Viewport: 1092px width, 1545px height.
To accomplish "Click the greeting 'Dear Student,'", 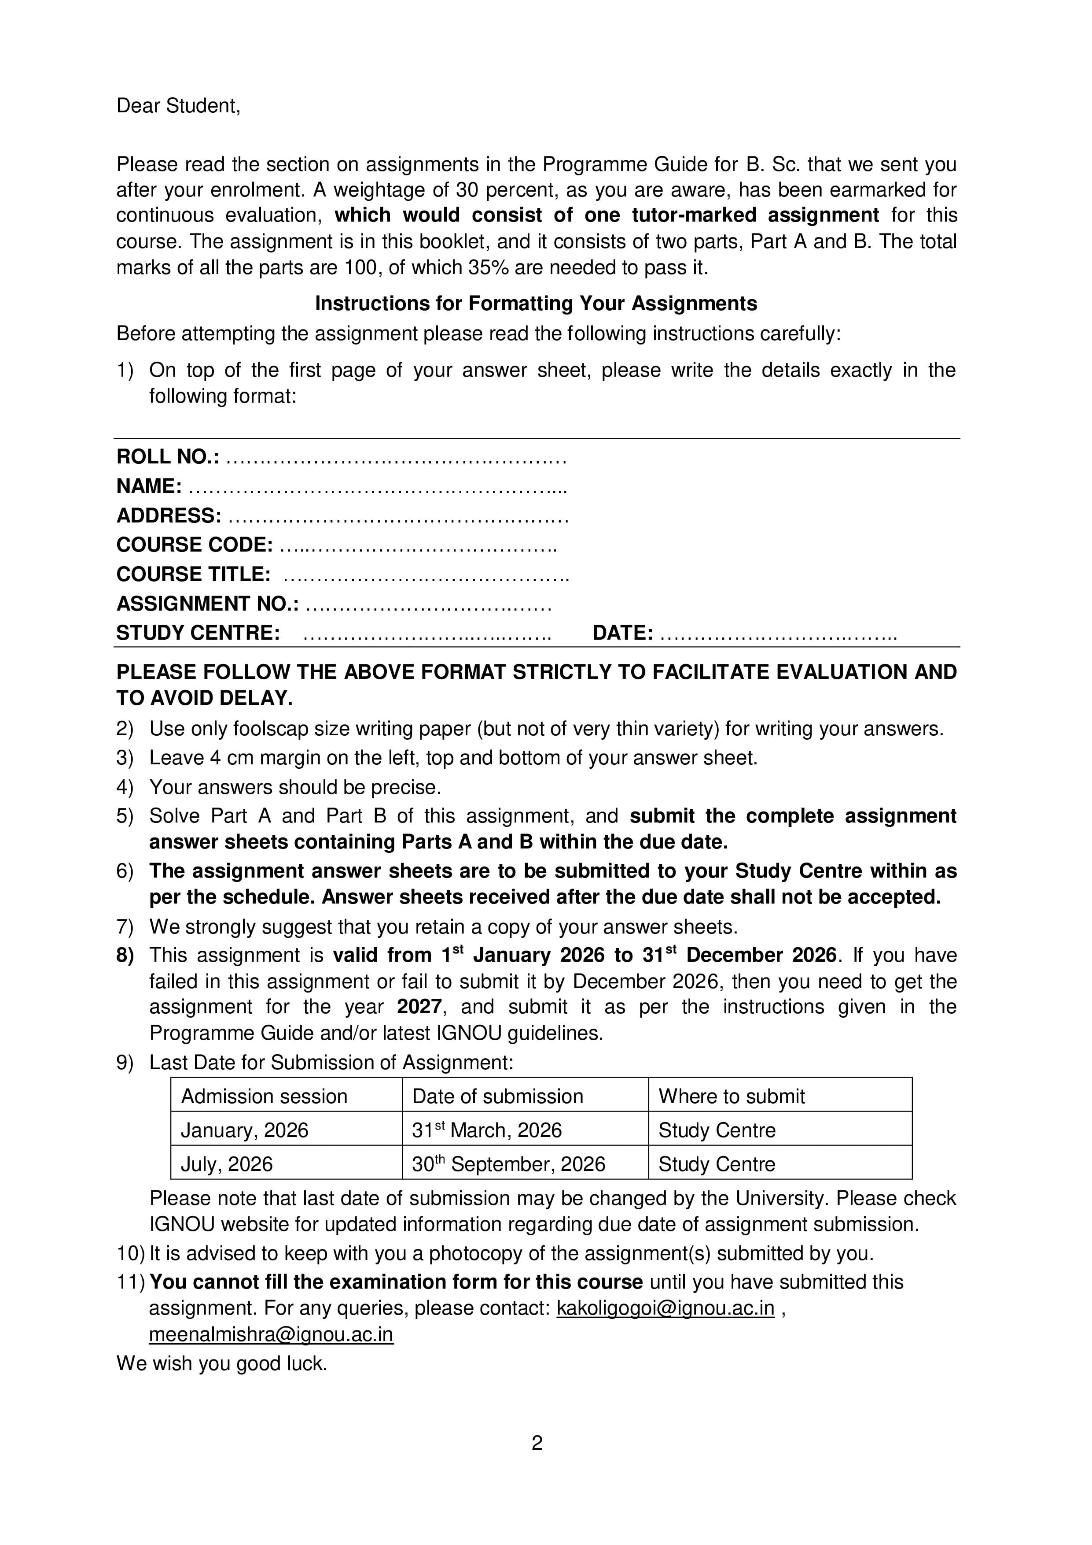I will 178,106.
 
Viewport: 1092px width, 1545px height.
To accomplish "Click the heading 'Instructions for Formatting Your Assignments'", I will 536,304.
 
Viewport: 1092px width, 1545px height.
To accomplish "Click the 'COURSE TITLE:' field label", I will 194,574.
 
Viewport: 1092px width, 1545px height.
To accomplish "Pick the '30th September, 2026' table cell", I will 509,1165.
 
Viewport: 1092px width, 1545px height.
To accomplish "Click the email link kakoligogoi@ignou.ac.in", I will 665,1309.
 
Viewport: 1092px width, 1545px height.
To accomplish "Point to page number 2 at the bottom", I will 537,1443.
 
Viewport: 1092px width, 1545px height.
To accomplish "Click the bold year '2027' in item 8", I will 419,1008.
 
